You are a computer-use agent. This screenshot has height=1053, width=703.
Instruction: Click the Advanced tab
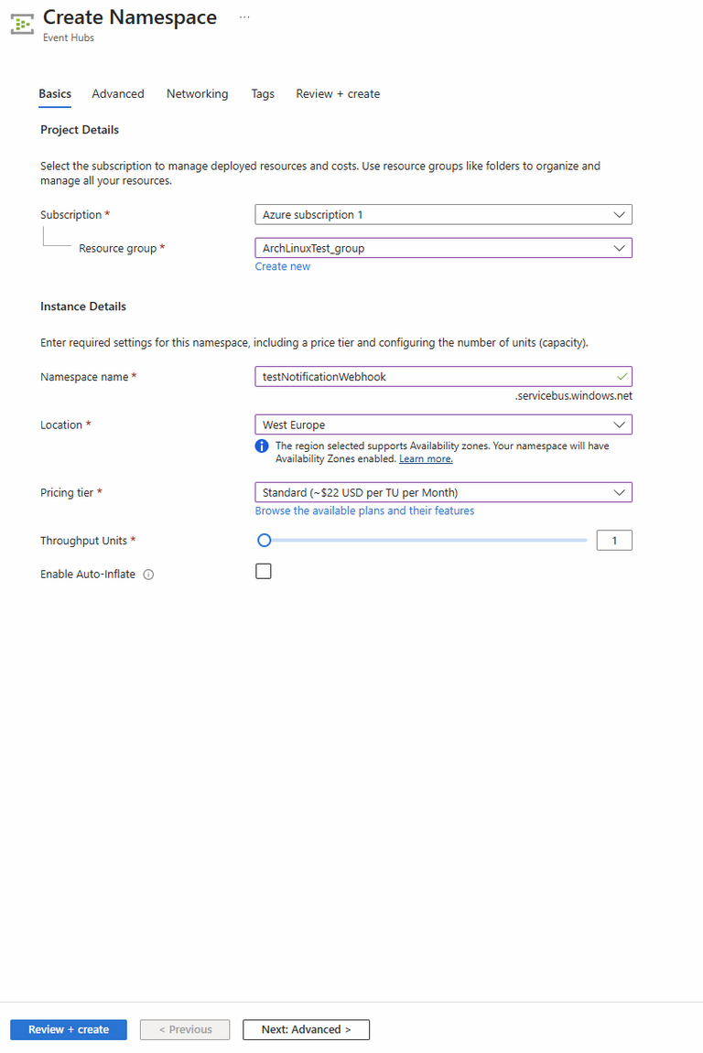tap(118, 93)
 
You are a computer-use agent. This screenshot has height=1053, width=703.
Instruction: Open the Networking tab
tap(197, 93)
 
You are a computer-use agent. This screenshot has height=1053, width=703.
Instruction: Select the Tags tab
tap(263, 93)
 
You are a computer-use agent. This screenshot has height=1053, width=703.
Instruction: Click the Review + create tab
tap(338, 93)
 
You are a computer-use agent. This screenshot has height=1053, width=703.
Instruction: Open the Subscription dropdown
tap(443, 215)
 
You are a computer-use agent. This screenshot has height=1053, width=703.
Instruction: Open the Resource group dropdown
tap(443, 248)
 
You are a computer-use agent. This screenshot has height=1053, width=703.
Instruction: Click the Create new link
tap(283, 266)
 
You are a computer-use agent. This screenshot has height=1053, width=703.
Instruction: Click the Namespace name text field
tap(435, 376)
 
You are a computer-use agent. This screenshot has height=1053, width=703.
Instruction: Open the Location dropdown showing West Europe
tap(443, 424)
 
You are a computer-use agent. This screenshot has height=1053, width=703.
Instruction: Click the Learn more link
tap(426, 458)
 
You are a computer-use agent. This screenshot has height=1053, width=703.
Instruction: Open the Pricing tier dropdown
tap(443, 492)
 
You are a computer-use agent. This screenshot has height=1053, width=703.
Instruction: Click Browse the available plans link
tap(364, 510)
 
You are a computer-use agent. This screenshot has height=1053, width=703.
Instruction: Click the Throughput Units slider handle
tap(265, 541)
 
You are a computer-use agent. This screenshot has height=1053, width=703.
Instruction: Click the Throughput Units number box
tap(614, 541)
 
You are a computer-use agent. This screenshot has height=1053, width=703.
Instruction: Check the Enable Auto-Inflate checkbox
tap(264, 572)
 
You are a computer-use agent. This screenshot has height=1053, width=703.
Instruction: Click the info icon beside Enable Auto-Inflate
tap(148, 575)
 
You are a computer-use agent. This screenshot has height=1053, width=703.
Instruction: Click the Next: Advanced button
tap(306, 1029)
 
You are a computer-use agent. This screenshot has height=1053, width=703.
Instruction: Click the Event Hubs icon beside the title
tap(22, 24)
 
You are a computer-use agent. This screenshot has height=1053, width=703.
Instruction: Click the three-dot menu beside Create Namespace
tap(244, 16)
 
